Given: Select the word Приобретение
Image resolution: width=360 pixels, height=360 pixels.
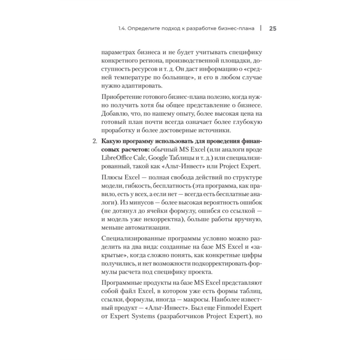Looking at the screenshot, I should [x=123, y=97].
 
